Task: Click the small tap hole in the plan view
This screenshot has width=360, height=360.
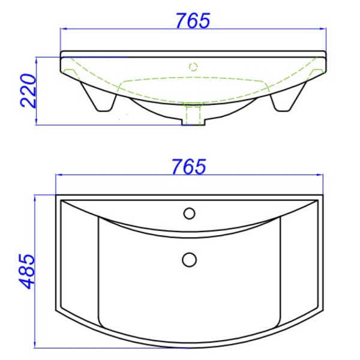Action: tap(190, 213)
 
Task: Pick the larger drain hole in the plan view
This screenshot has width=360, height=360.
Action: tap(190, 259)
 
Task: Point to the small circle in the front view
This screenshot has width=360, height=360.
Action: tap(194, 66)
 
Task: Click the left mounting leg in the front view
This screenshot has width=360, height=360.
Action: tap(99, 98)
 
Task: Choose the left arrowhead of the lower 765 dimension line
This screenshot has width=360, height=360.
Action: tap(59, 175)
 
